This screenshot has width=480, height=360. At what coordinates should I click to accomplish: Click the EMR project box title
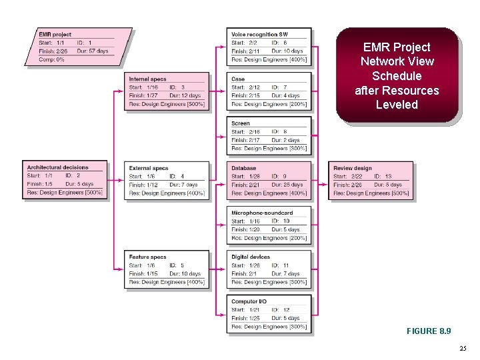tap(55, 35)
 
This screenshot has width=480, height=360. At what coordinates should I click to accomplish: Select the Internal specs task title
tap(148, 79)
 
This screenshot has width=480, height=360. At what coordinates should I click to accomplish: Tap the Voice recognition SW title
tap(260, 34)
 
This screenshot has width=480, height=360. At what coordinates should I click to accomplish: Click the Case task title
tap(238, 79)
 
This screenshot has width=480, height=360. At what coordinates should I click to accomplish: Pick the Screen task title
tap(241, 123)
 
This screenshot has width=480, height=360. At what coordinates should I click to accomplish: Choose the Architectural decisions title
tap(57, 167)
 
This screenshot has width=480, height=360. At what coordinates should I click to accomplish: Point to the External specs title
tap(149, 168)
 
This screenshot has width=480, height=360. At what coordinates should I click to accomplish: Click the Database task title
tap(244, 168)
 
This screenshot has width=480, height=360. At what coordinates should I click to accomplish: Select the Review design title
tap(353, 168)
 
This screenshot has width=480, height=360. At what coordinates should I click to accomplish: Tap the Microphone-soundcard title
tap(262, 213)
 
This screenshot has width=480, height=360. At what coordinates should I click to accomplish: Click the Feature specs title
tap(148, 257)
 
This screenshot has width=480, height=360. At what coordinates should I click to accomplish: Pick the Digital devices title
tap(251, 257)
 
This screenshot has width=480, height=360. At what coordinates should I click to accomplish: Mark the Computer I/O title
tap(249, 301)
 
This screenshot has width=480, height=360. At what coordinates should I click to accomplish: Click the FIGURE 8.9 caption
tap(428, 331)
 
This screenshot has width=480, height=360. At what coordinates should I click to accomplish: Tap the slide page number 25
tap(463, 349)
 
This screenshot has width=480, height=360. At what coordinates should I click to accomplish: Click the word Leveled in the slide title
tap(397, 105)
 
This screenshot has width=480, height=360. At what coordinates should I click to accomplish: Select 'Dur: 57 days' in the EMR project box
tap(93, 51)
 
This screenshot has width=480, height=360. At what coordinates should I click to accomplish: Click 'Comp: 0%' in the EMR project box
tap(51, 59)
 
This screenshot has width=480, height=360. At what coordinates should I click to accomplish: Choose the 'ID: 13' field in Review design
tap(383, 176)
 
